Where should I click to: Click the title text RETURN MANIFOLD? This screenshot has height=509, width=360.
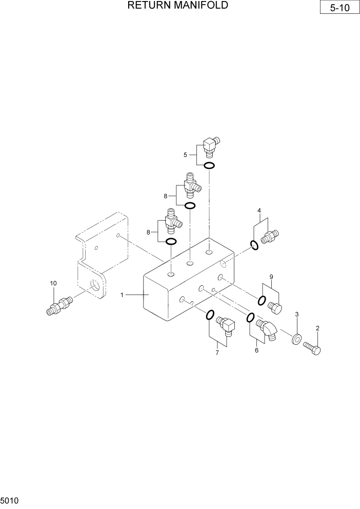pos(177,6)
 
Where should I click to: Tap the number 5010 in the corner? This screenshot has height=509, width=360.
pos(10,499)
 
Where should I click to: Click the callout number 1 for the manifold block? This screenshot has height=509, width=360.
pos(122,295)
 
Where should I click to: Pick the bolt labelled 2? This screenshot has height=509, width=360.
pos(312,348)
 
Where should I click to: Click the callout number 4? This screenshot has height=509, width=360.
pos(259,210)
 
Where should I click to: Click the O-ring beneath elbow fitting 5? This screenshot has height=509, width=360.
pos(209,165)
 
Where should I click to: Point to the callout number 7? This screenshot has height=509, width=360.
pos(217,353)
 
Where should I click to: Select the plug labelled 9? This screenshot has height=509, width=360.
pos(275,307)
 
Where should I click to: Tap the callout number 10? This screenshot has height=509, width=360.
pos(53,283)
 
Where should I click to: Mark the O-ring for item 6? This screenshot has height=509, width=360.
pos(250,318)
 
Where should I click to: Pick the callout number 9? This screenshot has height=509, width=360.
pos(271,277)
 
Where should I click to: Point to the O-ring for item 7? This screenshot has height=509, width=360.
pos(209,314)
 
